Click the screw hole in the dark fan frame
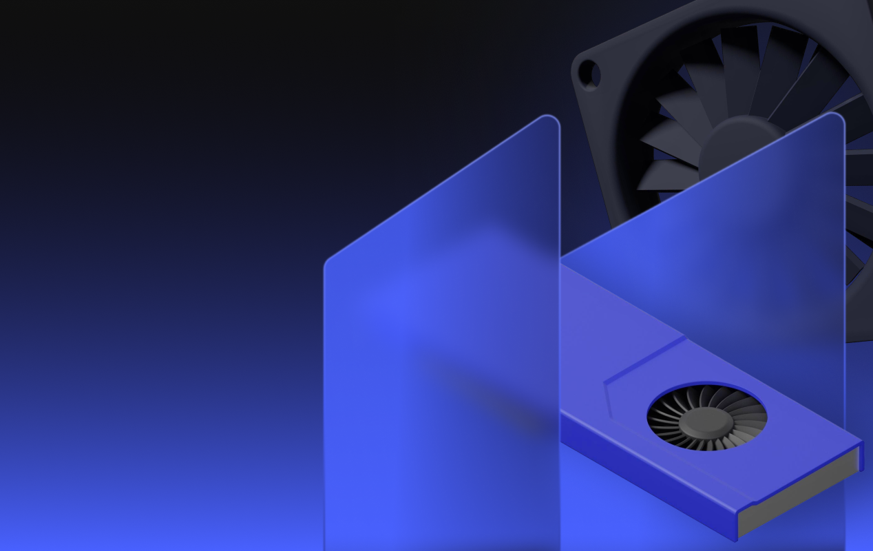click(x=589, y=74)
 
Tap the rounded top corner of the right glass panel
click(x=834, y=118)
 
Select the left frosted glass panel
click(x=441, y=344)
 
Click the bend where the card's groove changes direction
click(x=607, y=382)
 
